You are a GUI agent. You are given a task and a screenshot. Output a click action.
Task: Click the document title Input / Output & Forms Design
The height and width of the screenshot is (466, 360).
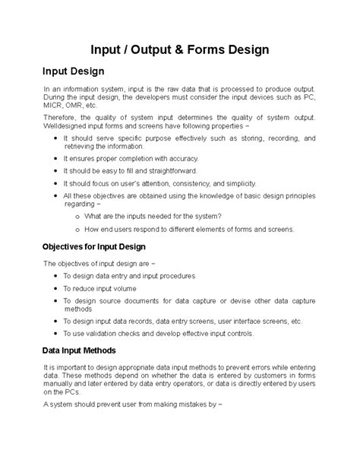pyautogui.click(x=180, y=49)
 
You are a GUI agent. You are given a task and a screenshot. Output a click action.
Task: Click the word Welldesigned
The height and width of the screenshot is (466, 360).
pyautogui.click(x=67, y=127)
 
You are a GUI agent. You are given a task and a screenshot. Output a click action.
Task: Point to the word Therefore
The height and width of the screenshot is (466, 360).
pyautogui.click(x=61, y=118)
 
